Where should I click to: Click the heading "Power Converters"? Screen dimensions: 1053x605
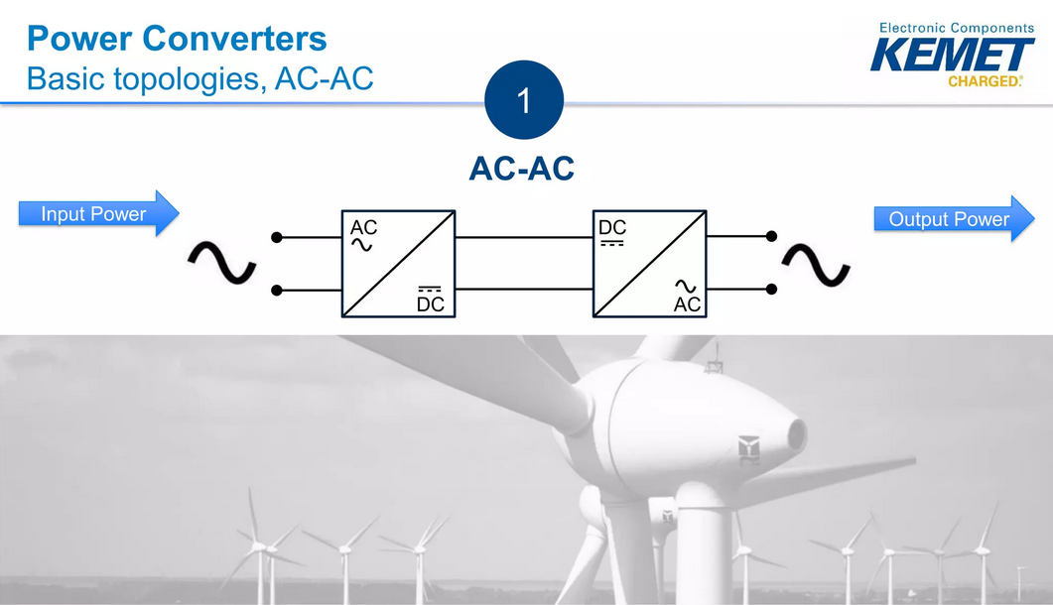[x=176, y=39]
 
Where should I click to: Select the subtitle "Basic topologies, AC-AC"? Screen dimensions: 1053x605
[x=199, y=78]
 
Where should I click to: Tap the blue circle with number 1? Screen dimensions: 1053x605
[x=523, y=101]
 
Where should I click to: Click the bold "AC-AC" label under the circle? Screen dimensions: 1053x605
[x=521, y=170]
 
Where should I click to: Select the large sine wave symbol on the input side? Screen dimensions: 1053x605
[x=222, y=263]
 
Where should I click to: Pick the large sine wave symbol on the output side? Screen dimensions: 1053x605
[x=816, y=265]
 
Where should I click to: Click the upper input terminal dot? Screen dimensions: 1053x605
[x=277, y=237]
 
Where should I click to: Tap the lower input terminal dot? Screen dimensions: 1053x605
[x=277, y=290]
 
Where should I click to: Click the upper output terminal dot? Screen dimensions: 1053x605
[x=771, y=237]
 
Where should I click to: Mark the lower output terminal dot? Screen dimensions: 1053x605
[x=771, y=290]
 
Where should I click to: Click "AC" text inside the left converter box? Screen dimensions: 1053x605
[x=363, y=228]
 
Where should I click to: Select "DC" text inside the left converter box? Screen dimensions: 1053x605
[x=430, y=304]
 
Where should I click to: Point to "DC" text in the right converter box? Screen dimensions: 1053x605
[x=612, y=228]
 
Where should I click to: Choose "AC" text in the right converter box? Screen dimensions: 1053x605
[x=687, y=304]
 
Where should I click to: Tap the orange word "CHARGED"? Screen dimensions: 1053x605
[x=984, y=81]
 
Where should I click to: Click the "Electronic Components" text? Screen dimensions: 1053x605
[x=956, y=28]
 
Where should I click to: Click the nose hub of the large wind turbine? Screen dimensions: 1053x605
[x=794, y=433]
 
